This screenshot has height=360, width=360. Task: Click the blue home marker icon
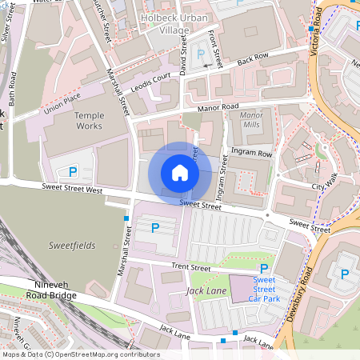(x=180, y=173)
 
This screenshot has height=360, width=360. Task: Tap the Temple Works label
(x=89, y=121)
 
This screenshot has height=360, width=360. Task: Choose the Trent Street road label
(x=190, y=268)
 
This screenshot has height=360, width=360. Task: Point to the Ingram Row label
(x=250, y=150)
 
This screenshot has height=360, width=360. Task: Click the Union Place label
(x=62, y=105)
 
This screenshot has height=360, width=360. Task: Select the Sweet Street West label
(x=72, y=190)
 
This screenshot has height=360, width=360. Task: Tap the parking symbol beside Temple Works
(x=73, y=171)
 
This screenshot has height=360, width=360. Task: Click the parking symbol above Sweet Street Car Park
(x=264, y=268)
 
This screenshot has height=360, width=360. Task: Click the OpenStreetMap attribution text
(x=80, y=354)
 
